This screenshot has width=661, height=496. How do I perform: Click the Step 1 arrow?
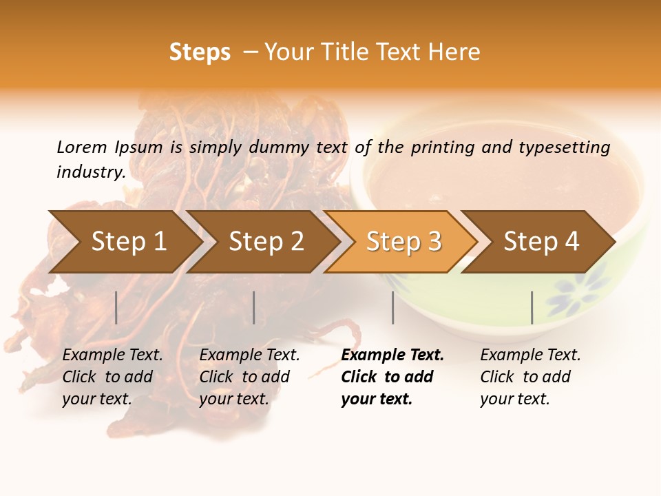(127, 242)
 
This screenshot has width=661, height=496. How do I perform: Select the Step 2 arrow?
(265, 242)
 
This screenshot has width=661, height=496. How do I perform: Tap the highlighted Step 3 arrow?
(403, 242)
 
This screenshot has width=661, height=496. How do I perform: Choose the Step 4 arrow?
(541, 242)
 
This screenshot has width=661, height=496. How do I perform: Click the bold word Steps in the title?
(200, 52)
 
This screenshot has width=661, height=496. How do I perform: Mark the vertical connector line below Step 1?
(116, 307)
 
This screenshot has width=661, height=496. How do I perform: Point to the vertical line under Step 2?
(254, 307)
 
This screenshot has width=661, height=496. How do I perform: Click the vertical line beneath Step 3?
(392, 307)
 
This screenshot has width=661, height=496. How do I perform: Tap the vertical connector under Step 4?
(532, 307)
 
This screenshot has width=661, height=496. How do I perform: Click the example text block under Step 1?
(112, 377)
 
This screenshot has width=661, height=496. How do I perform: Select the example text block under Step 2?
(249, 377)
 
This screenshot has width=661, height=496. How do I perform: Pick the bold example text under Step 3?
(392, 377)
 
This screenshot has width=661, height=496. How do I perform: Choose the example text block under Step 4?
(530, 377)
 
